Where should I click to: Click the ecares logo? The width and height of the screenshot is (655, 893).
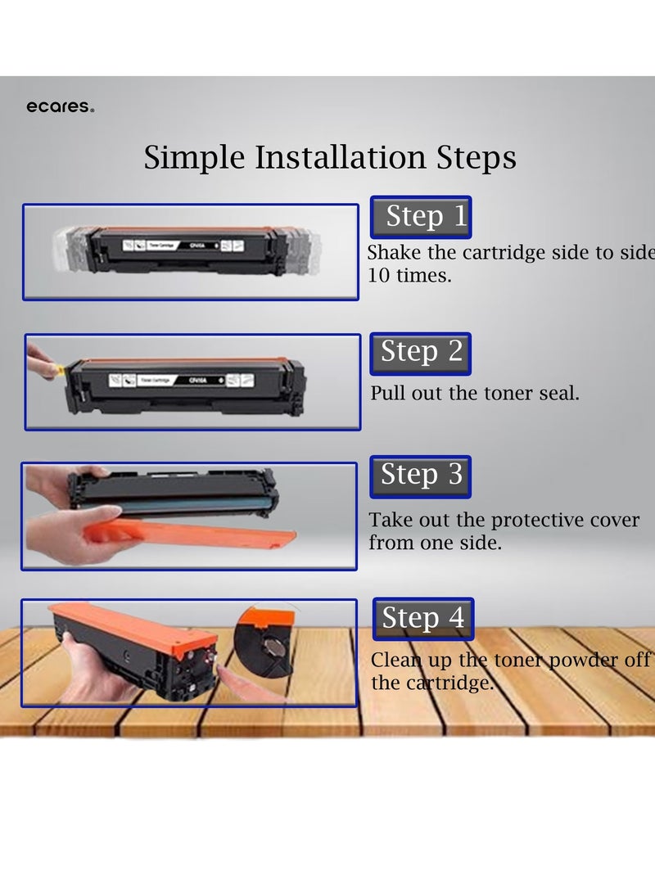pyautogui.click(x=61, y=106)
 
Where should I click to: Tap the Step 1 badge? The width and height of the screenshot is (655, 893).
pyautogui.click(x=421, y=217)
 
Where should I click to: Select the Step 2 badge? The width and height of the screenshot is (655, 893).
pyautogui.click(x=420, y=353)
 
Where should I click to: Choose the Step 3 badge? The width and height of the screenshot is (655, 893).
pyautogui.click(x=420, y=476)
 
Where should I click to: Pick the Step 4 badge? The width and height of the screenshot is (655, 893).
pyautogui.click(x=423, y=619)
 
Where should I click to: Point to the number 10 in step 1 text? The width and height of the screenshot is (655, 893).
pyautogui.click(x=379, y=276)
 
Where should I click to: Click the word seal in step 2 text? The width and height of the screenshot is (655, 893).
pyautogui.click(x=558, y=393)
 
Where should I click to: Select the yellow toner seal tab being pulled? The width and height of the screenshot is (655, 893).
pyautogui.click(x=58, y=370)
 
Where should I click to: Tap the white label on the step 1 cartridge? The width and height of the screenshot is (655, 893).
pyautogui.click(x=183, y=246)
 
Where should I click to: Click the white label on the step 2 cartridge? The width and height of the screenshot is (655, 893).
pyautogui.click(x=181, y=380)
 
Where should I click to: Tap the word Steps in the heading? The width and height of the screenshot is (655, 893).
pyautogui.click(x=477, y=158)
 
